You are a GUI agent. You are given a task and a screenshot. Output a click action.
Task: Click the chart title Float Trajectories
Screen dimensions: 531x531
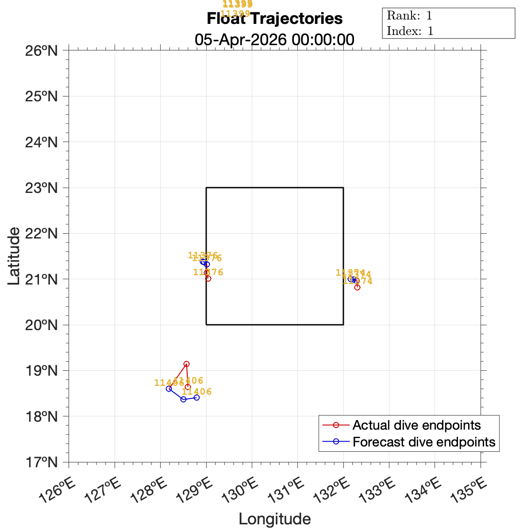click(x=274, y=19)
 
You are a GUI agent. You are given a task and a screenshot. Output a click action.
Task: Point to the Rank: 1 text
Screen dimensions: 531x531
click(x=409, y=16)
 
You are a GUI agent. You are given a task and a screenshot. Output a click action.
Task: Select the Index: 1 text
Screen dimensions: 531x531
click(x=410, y=31)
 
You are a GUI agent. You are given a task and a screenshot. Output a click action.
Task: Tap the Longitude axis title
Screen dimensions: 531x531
click(x=274, y=519)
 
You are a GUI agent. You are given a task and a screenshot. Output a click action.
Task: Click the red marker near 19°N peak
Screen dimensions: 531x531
click(x=186, y=364)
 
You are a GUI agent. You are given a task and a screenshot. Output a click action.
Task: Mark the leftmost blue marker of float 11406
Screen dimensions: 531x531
click(x=169, y=389)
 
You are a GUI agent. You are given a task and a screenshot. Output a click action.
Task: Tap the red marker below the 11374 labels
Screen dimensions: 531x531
click(x=357, y=287)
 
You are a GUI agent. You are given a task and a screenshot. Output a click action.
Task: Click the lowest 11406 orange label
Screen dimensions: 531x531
click(x=197, y=392)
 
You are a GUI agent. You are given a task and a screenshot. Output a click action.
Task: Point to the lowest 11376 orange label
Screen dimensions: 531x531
click(x=208, y=272)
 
